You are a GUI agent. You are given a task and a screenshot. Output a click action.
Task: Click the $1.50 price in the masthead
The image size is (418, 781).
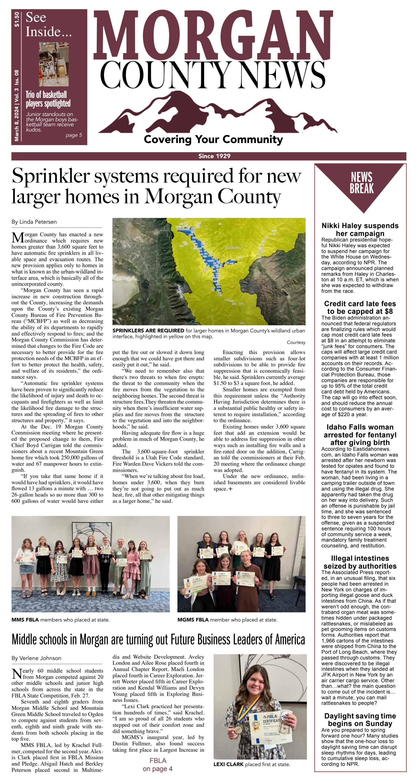(x=17, y=19)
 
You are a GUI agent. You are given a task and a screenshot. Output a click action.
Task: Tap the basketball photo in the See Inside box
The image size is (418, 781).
(x=54, y=64)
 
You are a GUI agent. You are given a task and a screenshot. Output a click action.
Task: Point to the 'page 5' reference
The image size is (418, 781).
(x=74, y=135)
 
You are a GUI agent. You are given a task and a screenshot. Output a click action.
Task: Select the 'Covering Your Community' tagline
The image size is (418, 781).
(x=213, y=139)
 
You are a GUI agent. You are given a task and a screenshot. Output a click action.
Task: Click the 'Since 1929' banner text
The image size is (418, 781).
(x=214, y=156)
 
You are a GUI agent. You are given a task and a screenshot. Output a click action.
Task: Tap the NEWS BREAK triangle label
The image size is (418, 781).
(x=361, y=183)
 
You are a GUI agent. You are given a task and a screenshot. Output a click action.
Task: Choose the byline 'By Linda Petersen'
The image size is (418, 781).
(x=34, y=222)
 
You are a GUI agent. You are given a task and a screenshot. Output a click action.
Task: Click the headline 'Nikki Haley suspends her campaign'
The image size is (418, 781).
(x=360, y=229)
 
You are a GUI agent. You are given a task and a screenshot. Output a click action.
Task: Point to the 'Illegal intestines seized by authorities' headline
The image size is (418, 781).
(x=360, y=562)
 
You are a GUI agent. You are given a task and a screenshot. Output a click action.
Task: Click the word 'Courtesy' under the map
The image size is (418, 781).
(x=296, y=343)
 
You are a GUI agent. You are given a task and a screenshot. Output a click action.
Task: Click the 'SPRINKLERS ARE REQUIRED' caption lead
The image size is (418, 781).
(x=148, y=331)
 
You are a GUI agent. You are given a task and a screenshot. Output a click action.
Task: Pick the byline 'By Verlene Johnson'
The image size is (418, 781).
(x=36, y=658)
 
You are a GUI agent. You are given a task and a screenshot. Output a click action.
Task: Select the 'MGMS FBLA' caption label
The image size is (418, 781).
(x=193, y=620)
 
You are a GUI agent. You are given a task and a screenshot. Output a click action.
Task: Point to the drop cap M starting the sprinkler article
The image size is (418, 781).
(x=17, y=238)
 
